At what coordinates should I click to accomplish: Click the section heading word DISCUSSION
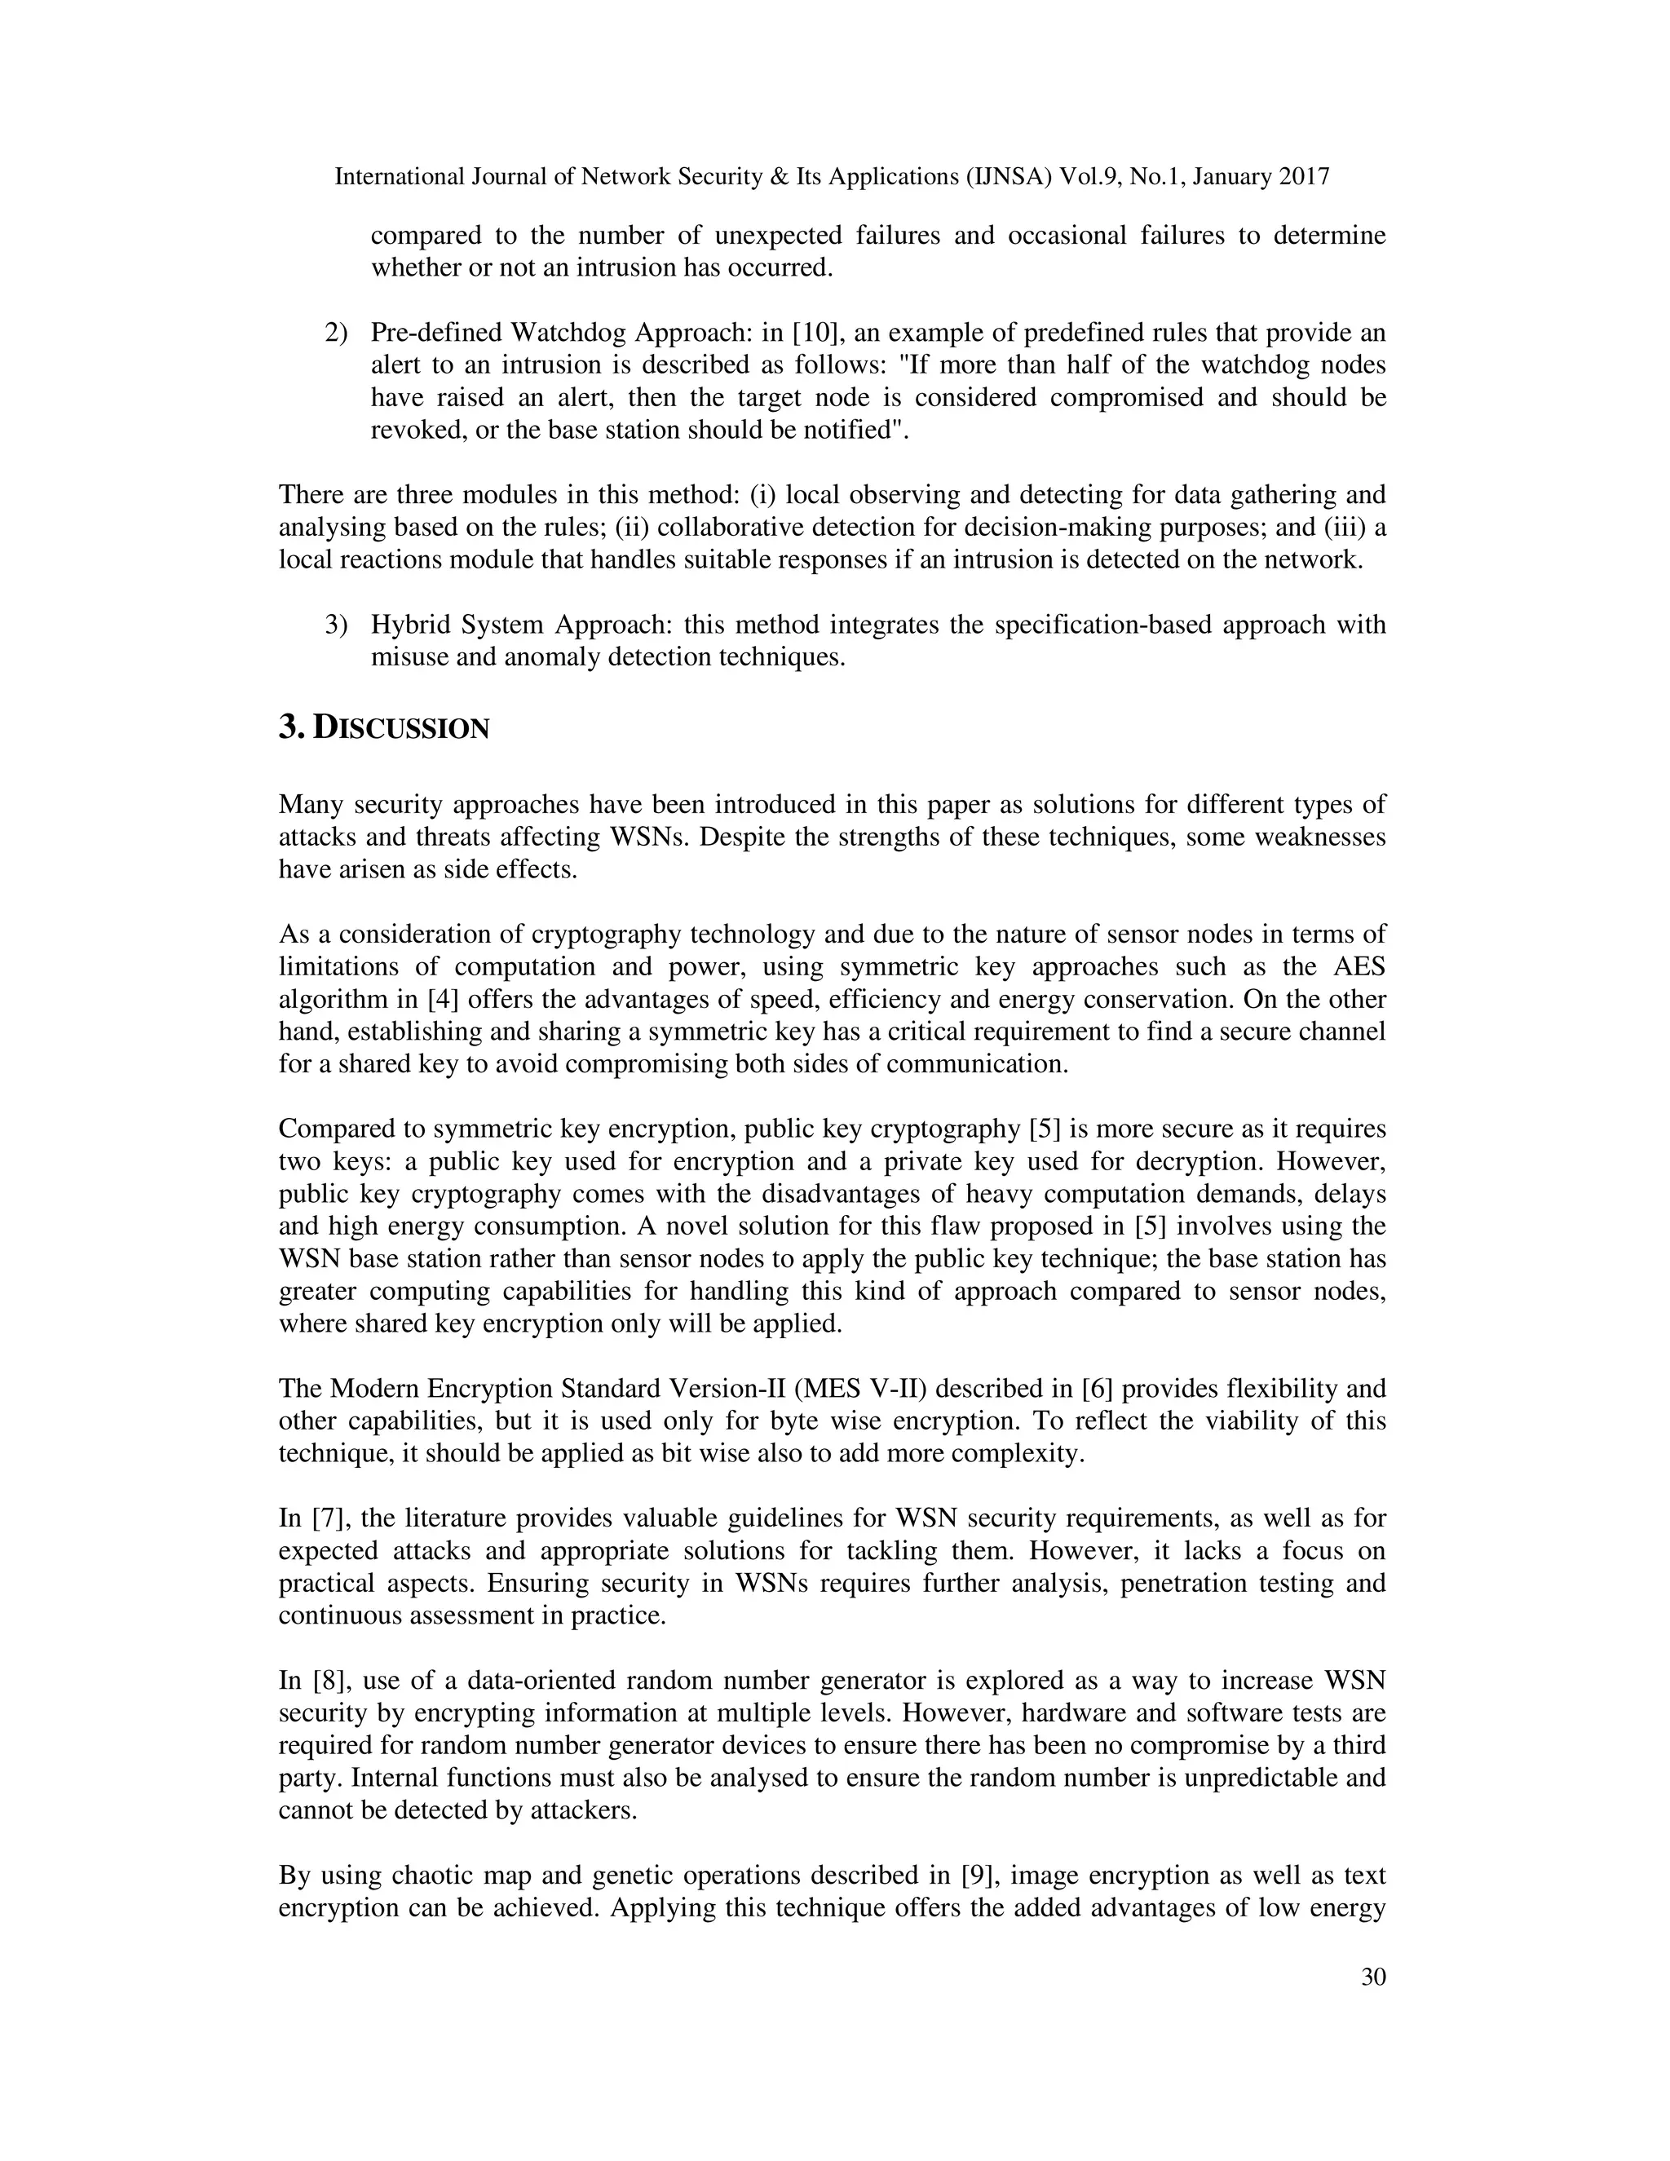pyautogui.click(x=400, y=729)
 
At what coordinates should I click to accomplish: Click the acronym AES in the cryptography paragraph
pyautogui.click(x=1359, y=966)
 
